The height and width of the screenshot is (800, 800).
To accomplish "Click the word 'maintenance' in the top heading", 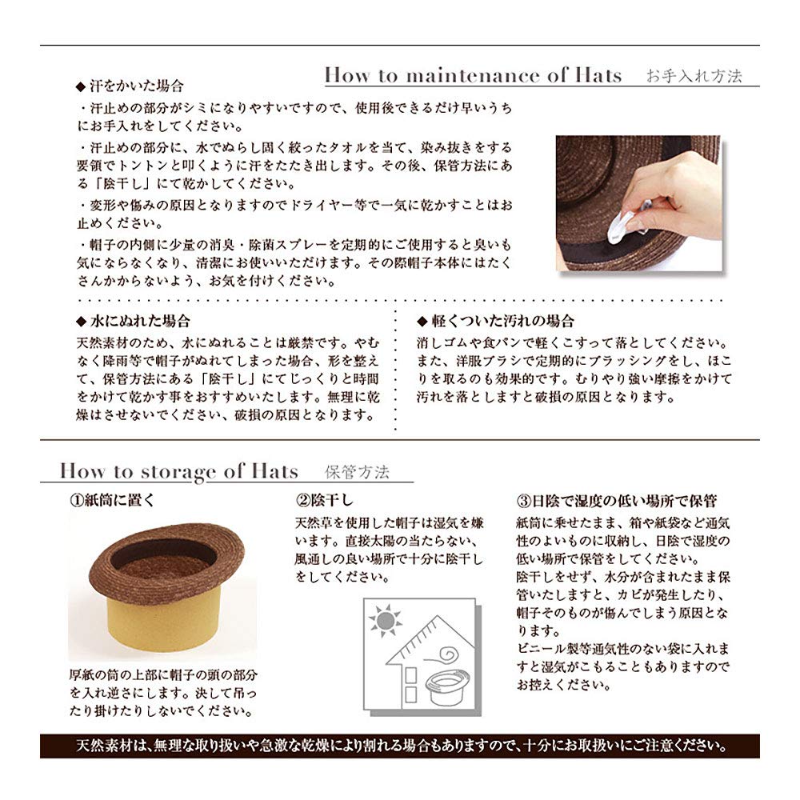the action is tap(473, 75).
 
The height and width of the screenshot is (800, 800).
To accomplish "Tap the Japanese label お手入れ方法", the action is tap(694, 76).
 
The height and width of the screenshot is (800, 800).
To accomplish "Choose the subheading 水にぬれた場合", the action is tap(140, 321).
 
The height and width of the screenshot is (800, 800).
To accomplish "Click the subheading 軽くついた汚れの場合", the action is tap(502, 321).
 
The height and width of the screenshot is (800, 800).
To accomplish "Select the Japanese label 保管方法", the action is tap(357, 472).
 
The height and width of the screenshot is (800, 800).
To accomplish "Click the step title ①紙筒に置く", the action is tap(112, 500).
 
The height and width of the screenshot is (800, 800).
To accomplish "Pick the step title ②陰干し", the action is tap(325, 500).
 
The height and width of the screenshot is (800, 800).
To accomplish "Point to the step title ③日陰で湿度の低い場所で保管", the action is tap(616, 501).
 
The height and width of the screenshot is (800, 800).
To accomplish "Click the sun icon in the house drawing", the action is tap(386, 621).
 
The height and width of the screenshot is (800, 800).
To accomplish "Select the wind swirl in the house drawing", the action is tap(443, 655).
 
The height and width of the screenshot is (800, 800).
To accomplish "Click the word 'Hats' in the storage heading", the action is tap(274, 471).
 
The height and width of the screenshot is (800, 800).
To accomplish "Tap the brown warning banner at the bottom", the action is tap(399, 746).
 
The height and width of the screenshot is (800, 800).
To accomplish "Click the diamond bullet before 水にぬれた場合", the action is tap(81, 322).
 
